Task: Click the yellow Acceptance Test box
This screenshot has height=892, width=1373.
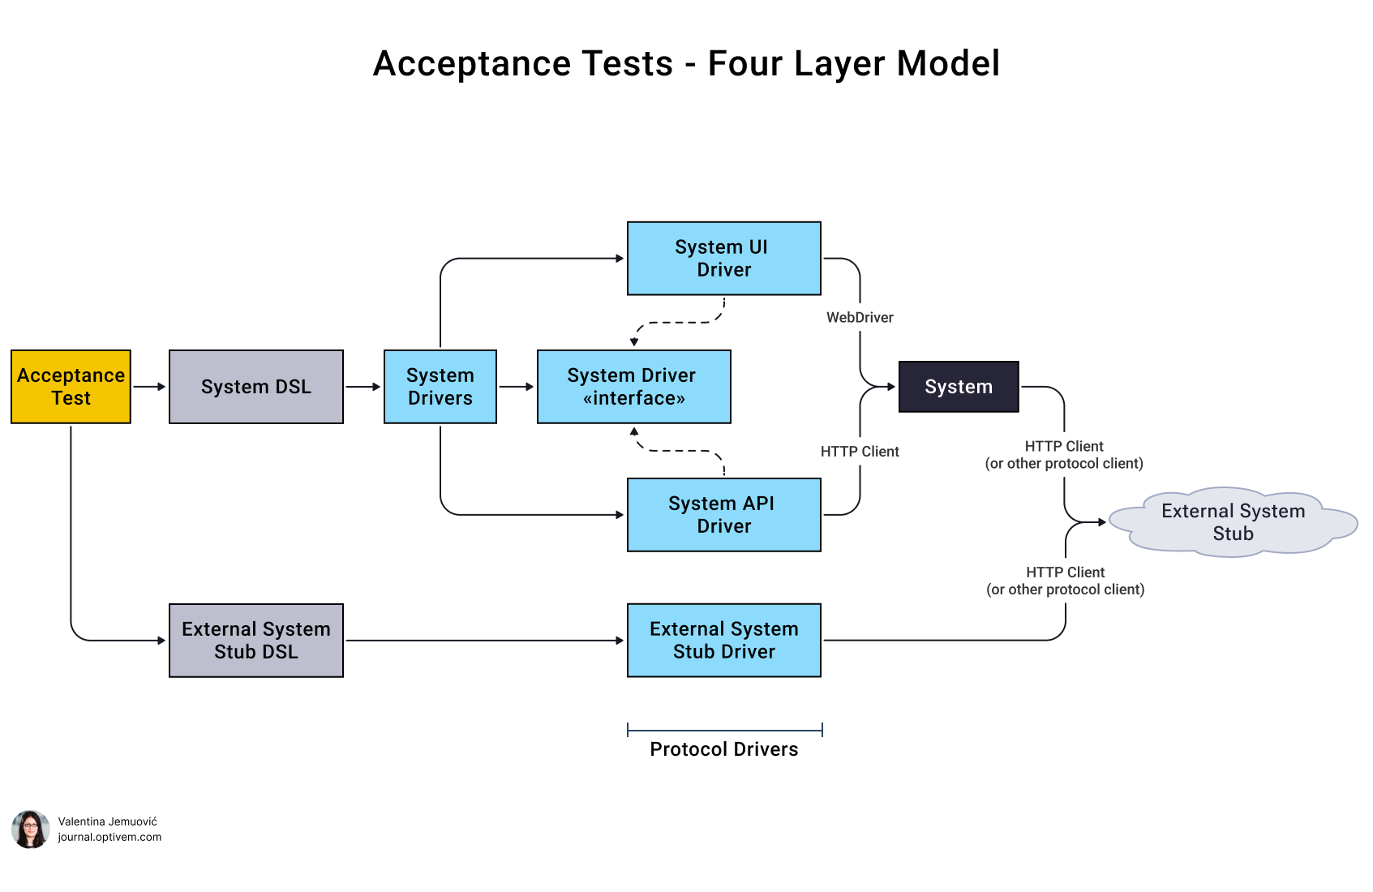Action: [x=71, y=387]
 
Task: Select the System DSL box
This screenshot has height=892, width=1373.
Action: [x=255, y=387]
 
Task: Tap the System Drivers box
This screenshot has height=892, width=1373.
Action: [x=440, y=387]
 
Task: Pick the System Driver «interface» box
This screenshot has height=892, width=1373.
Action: [x=633, y=387]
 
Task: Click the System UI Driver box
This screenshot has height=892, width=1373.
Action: [x=723, y=258]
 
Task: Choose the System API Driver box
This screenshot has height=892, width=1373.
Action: [x=723, y=515]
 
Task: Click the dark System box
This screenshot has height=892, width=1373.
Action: [x=958, y=387]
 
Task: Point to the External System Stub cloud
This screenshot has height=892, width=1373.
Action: [x=1232, y=523]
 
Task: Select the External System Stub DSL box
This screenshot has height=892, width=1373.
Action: [x=255, y=641]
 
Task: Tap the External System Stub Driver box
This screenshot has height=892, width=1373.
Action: [x=723, y=641]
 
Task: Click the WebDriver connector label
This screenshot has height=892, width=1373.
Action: [x=860, y=318]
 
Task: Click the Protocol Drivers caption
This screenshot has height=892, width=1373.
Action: [x=723, y=749]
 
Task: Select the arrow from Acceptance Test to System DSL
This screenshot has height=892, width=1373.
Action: [x=149, y=387]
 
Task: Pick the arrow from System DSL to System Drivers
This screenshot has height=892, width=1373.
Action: [x=363, y=387]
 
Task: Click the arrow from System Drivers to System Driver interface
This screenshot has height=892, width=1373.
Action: [x=516, y=387]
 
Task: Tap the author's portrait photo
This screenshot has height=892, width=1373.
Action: [x=31, y=829]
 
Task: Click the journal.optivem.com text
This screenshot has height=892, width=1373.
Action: [x=109, y=837]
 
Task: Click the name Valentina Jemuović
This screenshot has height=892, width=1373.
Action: [x=107, y=821]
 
